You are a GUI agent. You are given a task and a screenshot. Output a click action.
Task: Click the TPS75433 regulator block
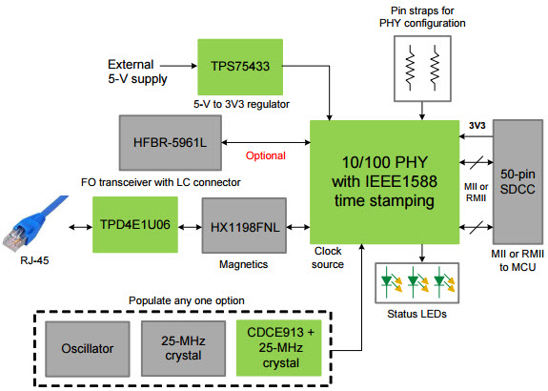(x=240, y=67)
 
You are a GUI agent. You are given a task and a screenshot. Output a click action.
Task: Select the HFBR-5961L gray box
(x=171, y=143)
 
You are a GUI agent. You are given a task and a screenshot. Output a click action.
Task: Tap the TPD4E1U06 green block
(x=135, y=224)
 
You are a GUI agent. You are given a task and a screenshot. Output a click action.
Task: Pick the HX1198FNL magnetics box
(x=244, y=226)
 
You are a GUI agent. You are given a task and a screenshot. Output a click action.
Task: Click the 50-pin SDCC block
(x=518, y=182)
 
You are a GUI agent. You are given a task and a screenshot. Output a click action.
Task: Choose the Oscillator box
(x=88, y=349)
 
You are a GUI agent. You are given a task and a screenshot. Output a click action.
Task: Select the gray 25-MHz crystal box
(x=184, y=348)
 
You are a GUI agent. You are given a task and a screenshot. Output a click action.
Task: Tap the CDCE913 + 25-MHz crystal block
(x=279, y=348)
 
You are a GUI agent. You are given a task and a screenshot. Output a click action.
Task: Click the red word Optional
(x=266, y=155)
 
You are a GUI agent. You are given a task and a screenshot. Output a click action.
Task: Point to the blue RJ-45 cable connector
(x=34, y=223)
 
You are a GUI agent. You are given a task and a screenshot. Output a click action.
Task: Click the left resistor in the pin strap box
(x=411, y=68)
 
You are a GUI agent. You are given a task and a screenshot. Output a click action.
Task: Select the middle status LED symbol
(x=417, y=282)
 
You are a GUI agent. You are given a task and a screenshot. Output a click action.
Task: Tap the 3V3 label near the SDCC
(x=477, y=126)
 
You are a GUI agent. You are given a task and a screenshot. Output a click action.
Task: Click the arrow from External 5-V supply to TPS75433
(x=178, y=66)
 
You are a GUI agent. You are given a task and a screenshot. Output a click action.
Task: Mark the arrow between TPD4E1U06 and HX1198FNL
(x=190, y=227)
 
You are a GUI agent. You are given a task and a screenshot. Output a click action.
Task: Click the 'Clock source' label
(x=328, y=257)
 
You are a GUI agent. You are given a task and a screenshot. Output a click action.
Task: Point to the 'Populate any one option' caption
(x=187, y=300)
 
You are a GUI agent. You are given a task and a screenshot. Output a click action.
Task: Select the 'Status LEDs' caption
(x=416, y=314)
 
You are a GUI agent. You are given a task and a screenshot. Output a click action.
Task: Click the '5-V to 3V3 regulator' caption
(x=241, y=104)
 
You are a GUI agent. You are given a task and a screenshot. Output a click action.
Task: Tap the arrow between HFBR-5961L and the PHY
(x=266, y=142)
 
